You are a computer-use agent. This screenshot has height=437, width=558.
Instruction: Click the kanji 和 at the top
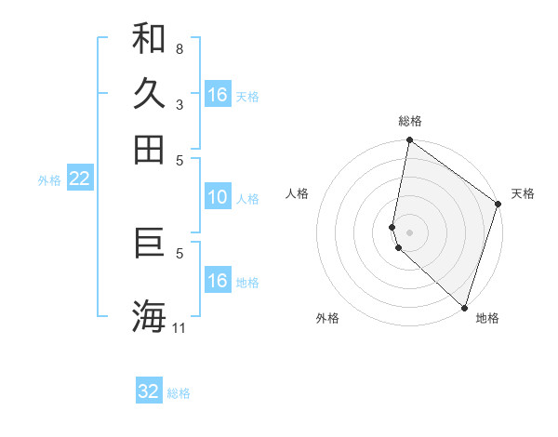coord(149,39)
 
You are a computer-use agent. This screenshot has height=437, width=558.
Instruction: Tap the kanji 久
coord(149,94)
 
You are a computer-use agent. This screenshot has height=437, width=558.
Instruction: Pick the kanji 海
coord(149,315)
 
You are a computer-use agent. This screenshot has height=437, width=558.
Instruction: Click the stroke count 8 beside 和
coord(179,48)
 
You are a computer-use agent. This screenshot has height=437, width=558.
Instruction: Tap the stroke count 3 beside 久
coord(179,105)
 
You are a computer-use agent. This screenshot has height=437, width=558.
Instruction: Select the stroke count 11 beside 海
coord(179,327)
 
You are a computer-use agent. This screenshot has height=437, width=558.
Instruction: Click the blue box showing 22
coord(80,179)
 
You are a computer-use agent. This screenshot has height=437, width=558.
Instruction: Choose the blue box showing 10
coord(218,197)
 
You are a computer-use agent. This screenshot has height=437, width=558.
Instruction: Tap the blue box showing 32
coord(149,391)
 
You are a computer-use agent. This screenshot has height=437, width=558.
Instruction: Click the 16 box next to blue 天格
coord(218,95)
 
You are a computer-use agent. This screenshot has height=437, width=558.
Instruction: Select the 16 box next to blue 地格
coord(218,281)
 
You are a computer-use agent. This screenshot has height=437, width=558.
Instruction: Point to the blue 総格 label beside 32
coord(179,393)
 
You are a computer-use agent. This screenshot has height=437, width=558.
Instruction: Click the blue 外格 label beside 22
coord(49,180)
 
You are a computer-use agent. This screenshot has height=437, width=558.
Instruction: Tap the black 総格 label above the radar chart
coord(410,121)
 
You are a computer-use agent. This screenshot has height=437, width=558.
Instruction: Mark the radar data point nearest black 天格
coord(498,205)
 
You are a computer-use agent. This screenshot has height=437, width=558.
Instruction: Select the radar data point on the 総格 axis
coord(409,141)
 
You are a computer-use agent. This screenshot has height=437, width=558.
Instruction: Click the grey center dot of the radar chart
coord(409,232)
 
